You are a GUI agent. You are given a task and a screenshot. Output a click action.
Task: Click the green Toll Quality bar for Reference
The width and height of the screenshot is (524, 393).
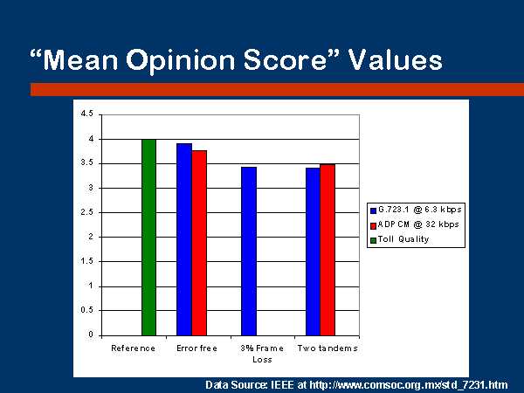tap(148, 238)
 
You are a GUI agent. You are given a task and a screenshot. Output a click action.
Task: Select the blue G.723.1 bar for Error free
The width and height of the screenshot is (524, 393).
tap(184, 239)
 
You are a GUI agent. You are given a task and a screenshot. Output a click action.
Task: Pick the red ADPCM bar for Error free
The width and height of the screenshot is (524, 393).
tap(199, 243)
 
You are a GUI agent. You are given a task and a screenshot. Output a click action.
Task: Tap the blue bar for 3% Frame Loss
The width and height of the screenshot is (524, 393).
tap(249, 251)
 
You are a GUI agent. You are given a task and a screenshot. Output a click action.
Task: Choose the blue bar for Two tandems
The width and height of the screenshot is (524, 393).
tap(314, 252)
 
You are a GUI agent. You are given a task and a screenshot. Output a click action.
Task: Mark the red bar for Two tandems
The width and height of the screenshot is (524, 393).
tap(327, 250)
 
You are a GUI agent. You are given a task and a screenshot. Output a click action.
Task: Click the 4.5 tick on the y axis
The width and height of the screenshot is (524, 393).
tap(87, 114)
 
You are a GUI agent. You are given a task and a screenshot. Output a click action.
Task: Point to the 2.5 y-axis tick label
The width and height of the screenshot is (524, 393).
tap(87, 212)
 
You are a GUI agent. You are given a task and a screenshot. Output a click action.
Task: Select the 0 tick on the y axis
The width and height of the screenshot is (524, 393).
tap(91, 334)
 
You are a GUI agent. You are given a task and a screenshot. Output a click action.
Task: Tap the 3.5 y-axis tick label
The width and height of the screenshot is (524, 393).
tap(87, 163)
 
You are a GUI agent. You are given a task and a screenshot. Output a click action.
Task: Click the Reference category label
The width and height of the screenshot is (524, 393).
tap(133, 348)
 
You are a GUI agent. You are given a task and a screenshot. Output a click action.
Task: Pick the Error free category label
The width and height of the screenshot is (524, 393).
tap(196, 348)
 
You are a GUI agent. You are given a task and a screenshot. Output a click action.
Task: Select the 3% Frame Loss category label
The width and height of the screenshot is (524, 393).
tap(262, 354)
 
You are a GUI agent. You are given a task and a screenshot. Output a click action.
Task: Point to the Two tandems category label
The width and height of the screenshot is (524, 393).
tap(327, 348)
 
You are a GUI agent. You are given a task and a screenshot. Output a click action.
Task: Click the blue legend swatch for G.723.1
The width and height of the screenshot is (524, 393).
tap(373, 210)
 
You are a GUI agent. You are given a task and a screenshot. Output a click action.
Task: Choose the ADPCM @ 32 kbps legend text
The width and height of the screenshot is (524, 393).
tap(418, 224)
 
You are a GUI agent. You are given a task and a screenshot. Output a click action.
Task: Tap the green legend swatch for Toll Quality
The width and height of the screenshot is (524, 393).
tap(373, 240)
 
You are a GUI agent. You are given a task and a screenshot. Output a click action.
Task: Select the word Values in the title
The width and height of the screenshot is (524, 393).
tap(396, 59)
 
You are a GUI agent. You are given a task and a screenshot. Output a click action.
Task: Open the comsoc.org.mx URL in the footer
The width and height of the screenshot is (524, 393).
tap(409, 385)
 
